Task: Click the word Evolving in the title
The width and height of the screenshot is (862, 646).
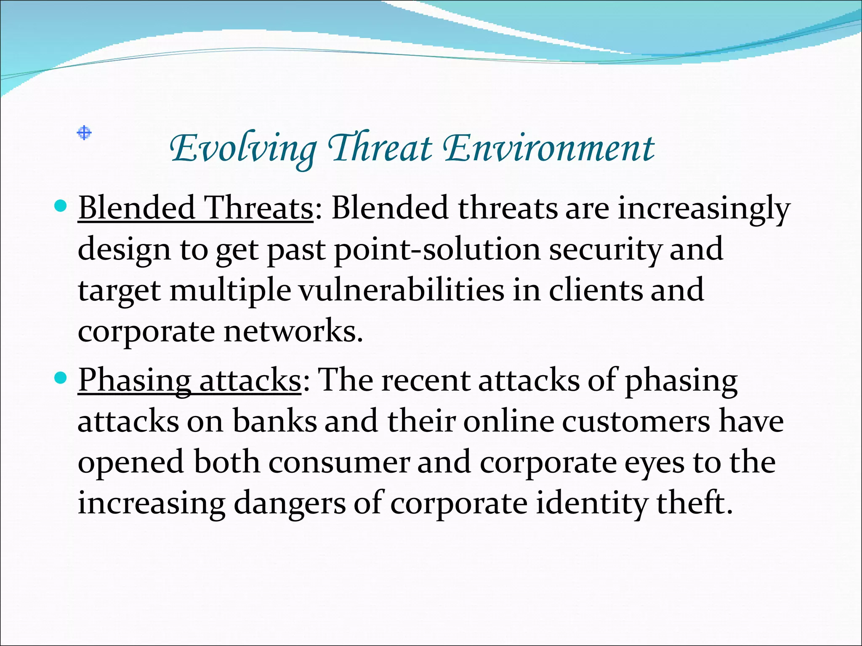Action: point(243,149)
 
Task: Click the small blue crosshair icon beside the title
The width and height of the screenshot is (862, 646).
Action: point(84,133)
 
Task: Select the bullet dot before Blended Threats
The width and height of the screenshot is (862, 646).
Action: point(61,206)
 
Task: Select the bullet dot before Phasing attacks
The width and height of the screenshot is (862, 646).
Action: point(61,378)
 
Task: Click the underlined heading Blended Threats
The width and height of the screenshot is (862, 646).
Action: point(196,208)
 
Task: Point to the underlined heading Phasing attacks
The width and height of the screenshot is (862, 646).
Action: point(189,380)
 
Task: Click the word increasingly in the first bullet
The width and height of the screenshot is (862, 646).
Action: point(703,209)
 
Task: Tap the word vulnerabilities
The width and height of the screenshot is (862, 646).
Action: point(401,290)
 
